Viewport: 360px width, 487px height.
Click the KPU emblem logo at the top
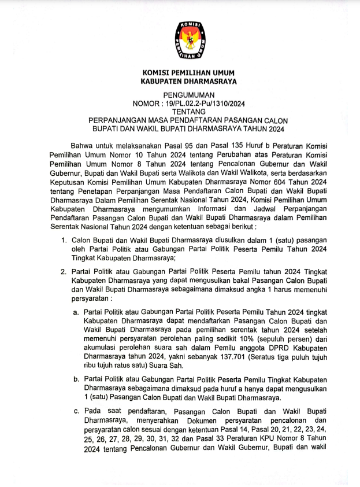click(x=188, y=41)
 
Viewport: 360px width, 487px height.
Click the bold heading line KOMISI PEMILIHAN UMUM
click(x=188, y=73)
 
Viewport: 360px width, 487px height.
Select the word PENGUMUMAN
click(x=188, y=95)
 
